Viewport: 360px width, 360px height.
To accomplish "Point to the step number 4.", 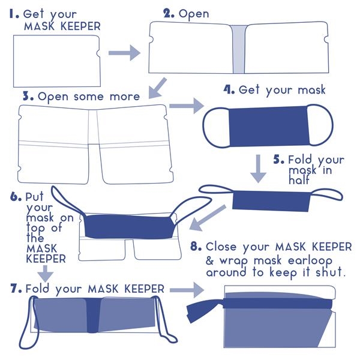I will click(229, 90).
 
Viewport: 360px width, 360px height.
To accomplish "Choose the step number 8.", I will click(195, 247).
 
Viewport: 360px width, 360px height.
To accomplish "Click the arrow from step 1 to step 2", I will click(124, 53).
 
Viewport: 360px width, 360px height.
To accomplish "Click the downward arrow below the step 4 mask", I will click(258, 168).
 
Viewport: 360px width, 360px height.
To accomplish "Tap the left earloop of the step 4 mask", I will click(214, 127).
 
